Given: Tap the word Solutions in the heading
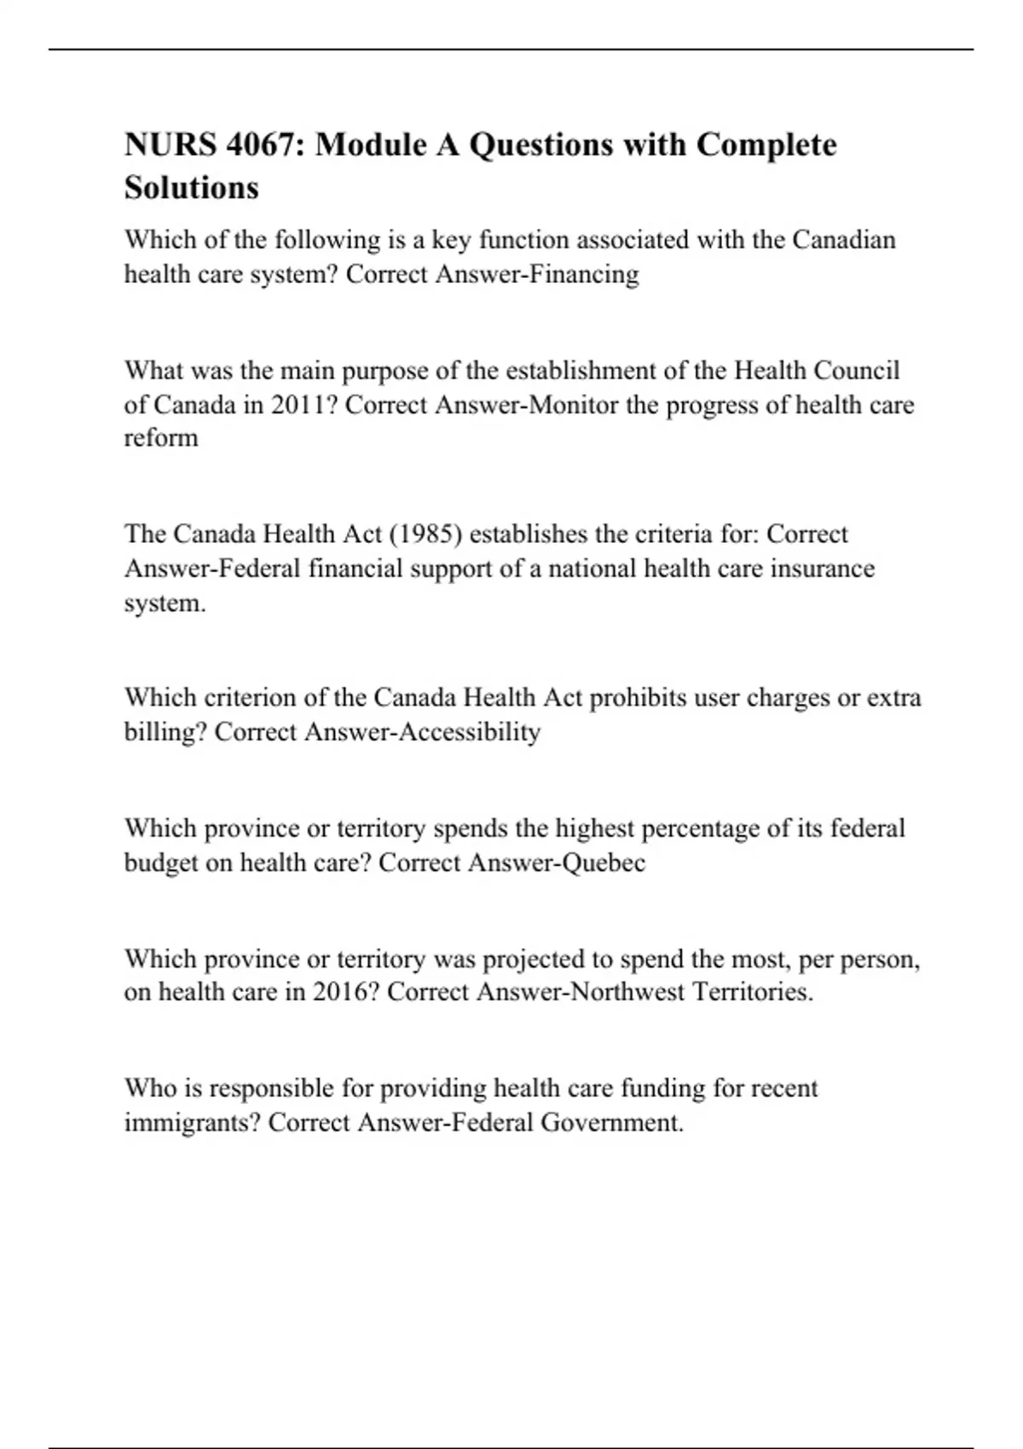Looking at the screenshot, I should tap(192, 188).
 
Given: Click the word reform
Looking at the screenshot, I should tap(161, 438).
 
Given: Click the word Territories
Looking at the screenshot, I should tap(753, 992).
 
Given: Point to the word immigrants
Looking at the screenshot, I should tap(192, 1123).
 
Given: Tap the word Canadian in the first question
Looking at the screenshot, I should tap(844, 240).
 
